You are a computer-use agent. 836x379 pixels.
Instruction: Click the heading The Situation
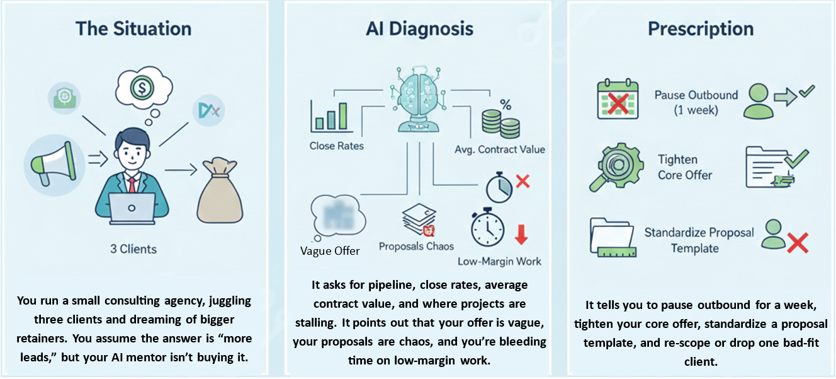tap(133, 28)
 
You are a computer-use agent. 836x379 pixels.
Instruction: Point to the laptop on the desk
tap(132, 207)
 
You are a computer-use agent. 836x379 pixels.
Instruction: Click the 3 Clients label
tap(133, 249)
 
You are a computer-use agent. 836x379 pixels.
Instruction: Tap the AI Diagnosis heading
tap(420, 28)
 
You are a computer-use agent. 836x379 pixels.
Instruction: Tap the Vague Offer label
tap(330, 251)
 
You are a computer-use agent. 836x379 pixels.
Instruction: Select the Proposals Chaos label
tap(416, 246)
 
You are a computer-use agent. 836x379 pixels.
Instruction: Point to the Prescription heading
tap(701, 28)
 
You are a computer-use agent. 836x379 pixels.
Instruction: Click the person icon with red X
tap(784, 236)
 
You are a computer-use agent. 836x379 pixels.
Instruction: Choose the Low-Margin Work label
tap(499, 261)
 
